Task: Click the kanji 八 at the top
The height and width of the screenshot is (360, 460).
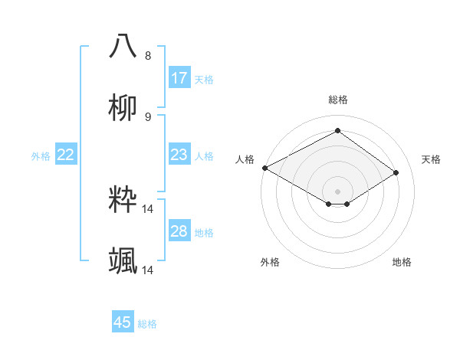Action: coord(123,46)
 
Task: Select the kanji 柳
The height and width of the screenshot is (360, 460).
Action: coord(123,107)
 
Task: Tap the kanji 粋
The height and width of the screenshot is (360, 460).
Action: coord(123,200)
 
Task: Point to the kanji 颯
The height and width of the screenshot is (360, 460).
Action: coord(123,261)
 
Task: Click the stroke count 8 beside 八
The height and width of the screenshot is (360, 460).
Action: coord(148,55)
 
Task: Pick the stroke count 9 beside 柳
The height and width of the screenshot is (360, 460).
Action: coord(148,117)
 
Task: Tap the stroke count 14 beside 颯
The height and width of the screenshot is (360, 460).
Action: coord(148,270)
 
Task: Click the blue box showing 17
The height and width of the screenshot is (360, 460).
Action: coord(179,78)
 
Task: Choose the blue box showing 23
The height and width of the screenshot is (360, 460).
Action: coord(179,155)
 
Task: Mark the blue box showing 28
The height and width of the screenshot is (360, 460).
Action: coord(179,231)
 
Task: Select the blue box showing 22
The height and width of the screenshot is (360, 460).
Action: coord(66,155)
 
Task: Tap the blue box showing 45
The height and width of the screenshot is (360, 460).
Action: coord(123,322)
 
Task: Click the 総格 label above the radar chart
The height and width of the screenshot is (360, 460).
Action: coord(338,100)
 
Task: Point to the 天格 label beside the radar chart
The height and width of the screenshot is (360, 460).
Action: coord(431,159)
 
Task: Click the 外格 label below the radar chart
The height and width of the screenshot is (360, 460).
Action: coord(270,262)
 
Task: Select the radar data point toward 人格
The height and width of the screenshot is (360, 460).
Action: coord(264,168)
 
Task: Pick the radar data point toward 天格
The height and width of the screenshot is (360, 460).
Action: coord(396,173)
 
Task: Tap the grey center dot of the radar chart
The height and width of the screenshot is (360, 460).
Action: coord(338,191)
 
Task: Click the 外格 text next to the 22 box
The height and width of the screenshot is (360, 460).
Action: coord(41,155)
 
